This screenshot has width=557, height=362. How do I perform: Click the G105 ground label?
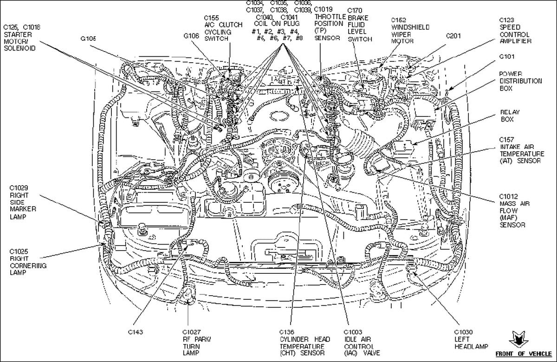(88, 39)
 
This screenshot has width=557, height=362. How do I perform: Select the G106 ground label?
(191, 36)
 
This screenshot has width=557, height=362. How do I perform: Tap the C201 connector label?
(453, 36)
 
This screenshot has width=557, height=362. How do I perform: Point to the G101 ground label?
(507, 57)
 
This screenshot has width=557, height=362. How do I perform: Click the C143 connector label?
(136, 332)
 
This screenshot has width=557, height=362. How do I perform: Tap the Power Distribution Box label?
(520, 81)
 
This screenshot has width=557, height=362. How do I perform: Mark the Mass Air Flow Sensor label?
(514, 211)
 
